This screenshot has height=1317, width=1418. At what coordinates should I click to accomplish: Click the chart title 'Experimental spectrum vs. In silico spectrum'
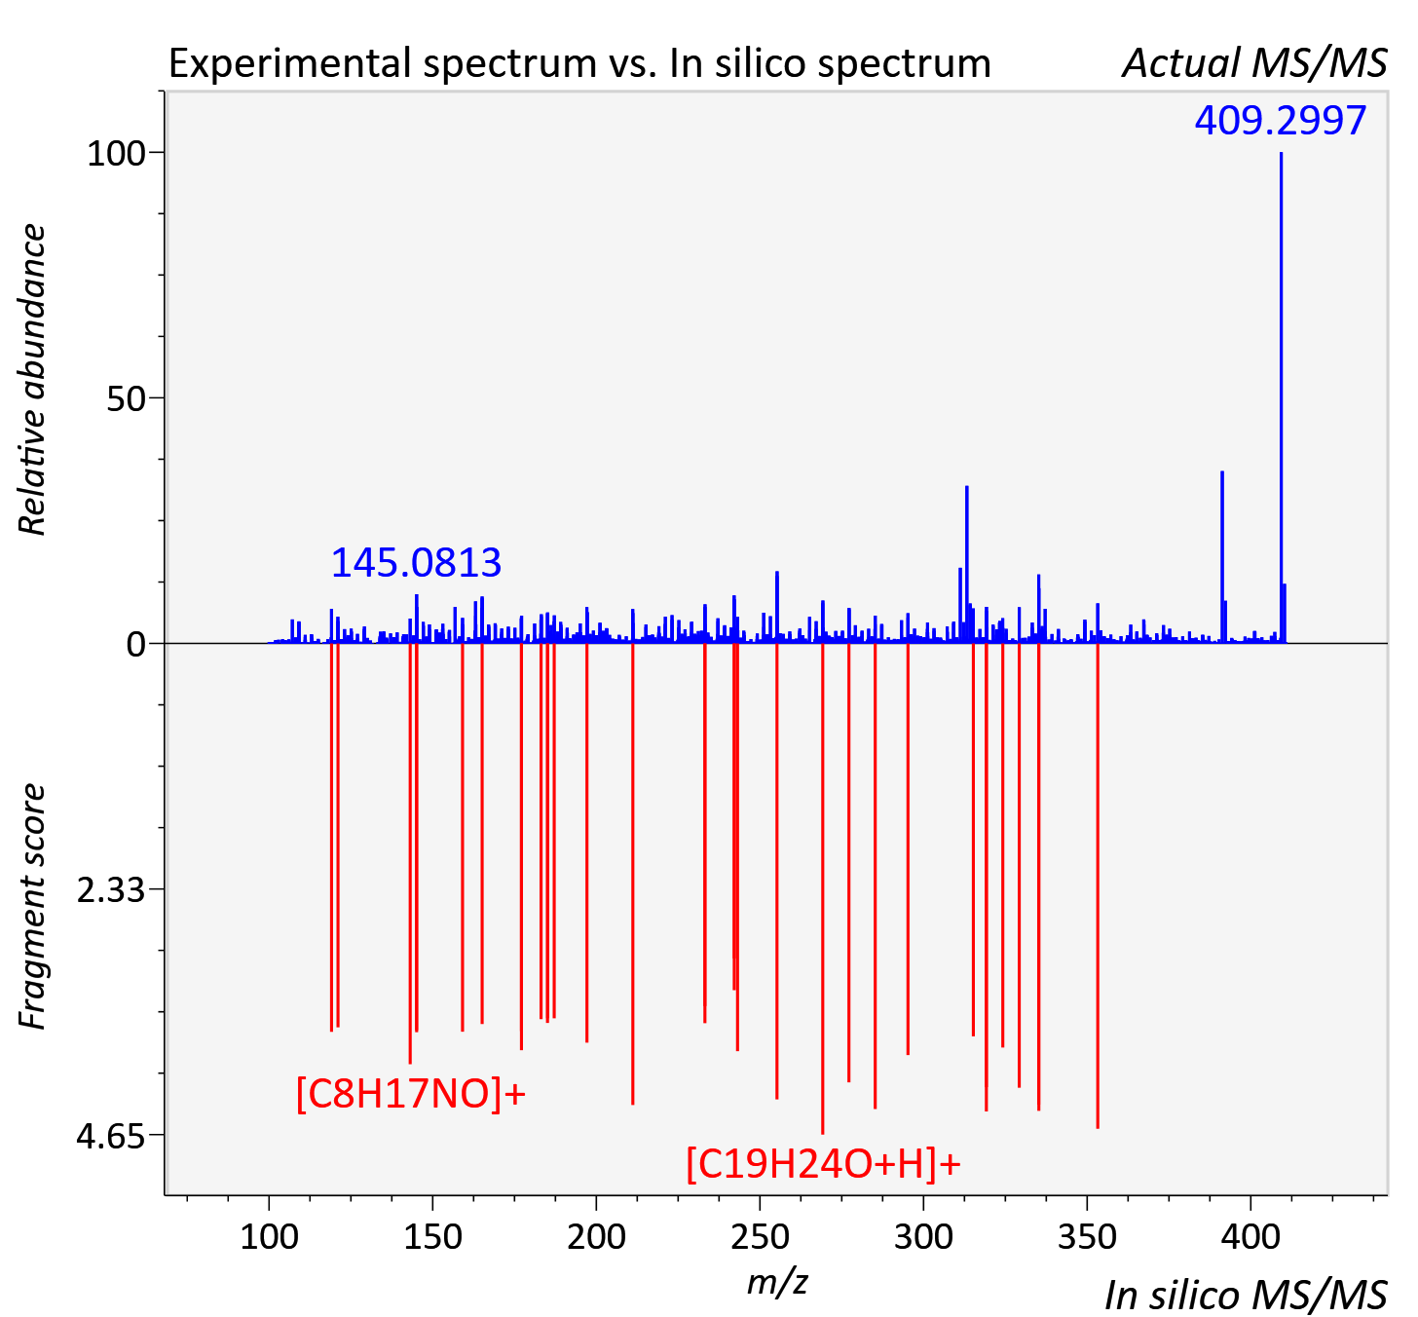pyautogui.click(x=579, y=63)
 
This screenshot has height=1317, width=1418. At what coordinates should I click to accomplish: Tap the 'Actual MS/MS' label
pyautogui.click(x=1255, y=63)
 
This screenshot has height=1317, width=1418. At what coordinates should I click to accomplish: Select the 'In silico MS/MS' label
pyautogui.click(x=1246, y=1295)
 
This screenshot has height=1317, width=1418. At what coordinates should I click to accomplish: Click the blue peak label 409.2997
pyautogui.click(x=1281, y=120)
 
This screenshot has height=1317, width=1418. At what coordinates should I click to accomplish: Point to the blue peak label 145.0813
pyautogui.click(x=416, y=563)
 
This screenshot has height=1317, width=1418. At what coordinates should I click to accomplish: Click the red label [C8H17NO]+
pyautogui.click(x=411, y=1094)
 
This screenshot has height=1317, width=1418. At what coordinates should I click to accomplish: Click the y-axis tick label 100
pyautogui.click(x=116, y=153)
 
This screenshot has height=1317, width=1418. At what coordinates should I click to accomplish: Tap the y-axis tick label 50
pyautogui.click(x=126, y=398)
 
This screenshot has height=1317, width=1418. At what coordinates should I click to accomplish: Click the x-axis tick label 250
pyautogui.click(x=760, y=1237)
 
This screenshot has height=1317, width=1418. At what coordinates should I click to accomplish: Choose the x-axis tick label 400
pyautogui.click(x=1250, y=1237)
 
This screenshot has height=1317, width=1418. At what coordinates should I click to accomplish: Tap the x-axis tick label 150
pyautogui.click(x=432, y=1237)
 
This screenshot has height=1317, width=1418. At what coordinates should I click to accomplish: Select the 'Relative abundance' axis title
pyautogui.click(x=31, y=380)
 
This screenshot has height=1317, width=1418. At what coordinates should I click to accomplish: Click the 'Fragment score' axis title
pyautogui.click(x=31, y=907)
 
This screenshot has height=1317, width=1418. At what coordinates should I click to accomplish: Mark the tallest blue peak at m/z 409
pyautogui.click(x=1281, y=397)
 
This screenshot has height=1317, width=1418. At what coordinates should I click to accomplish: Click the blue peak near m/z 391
pyautogui.click(x=1222, y=557)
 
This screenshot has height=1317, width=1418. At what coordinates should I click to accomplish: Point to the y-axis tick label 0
pyautogui.click(x=135, y=645)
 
